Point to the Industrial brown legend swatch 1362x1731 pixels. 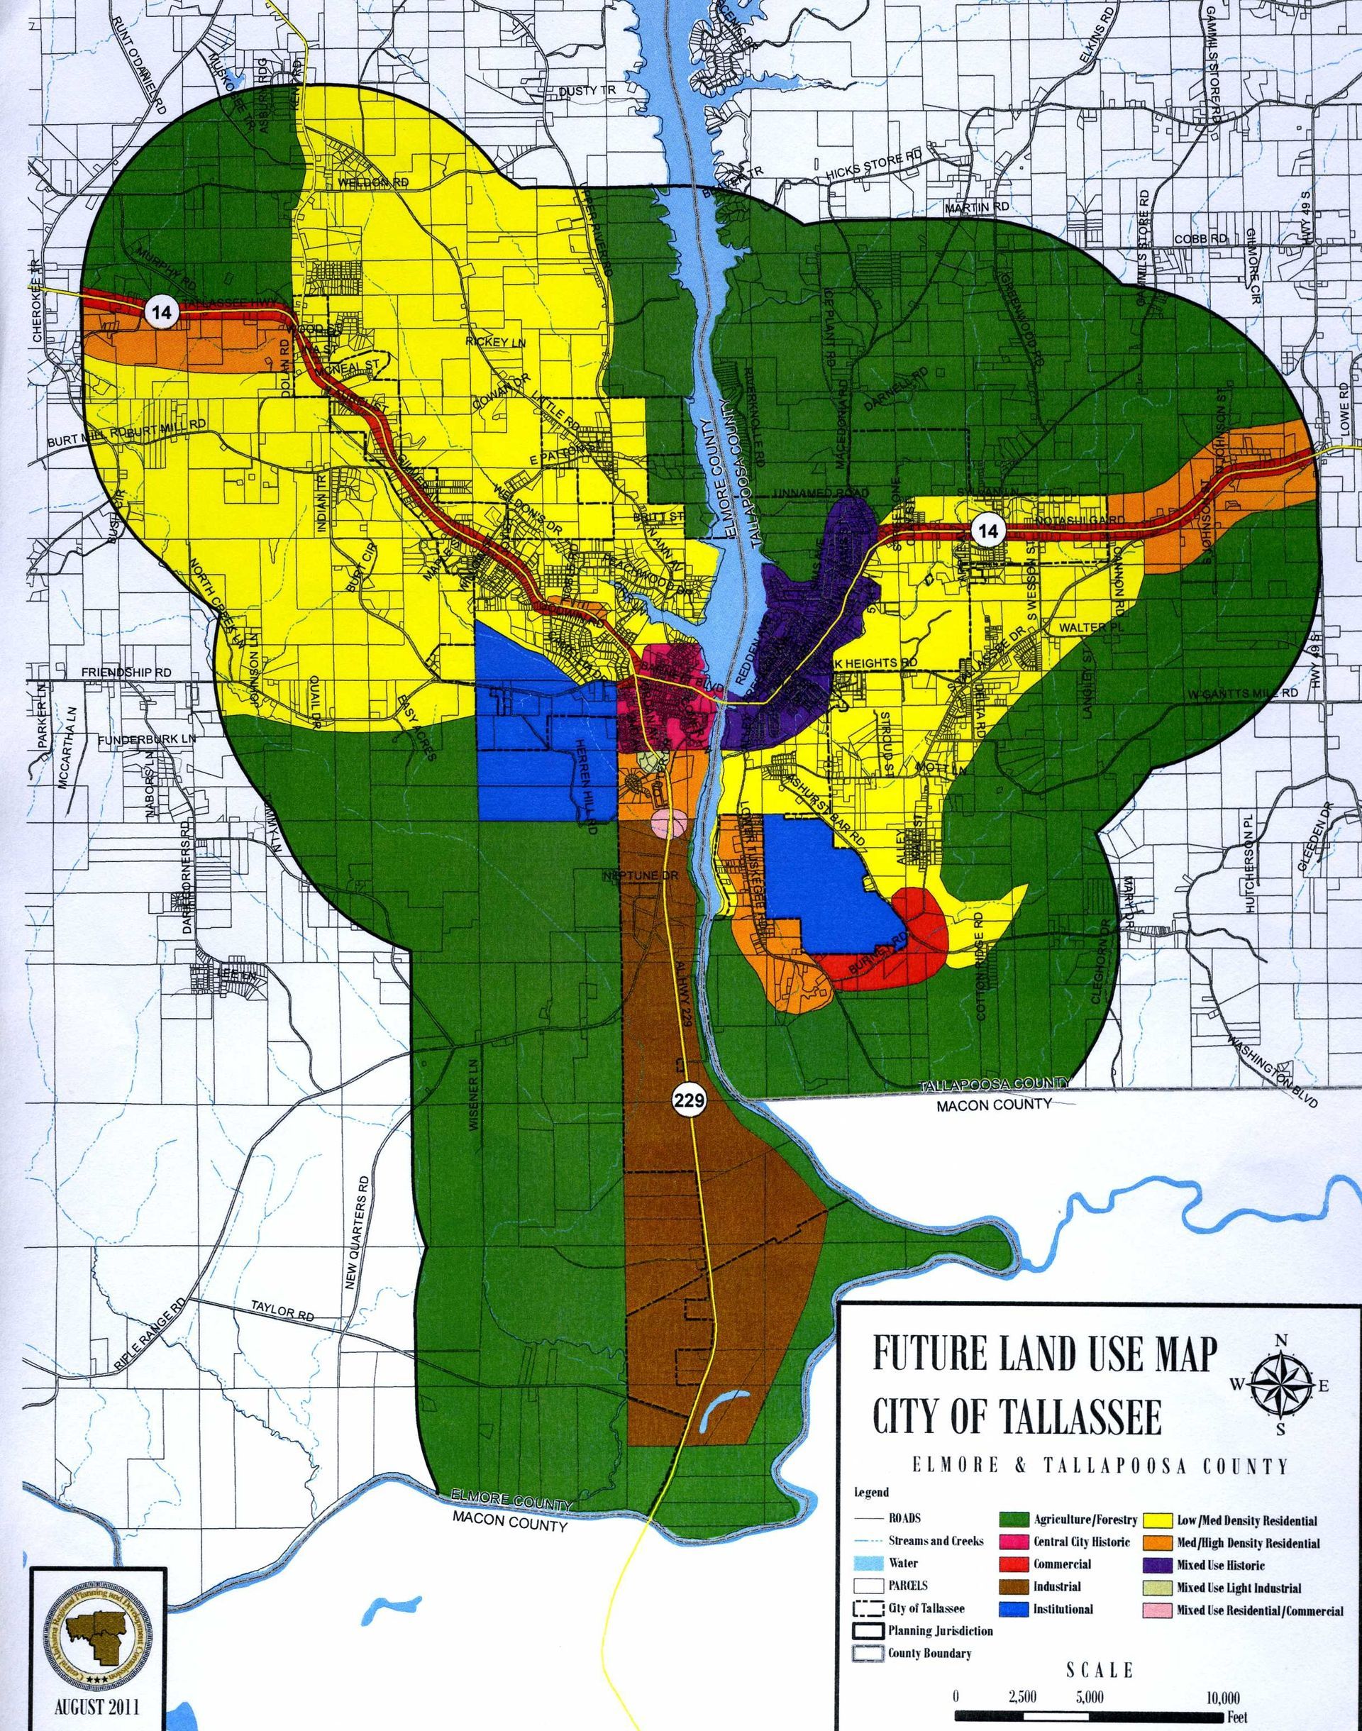pyautogui.click(x=1013, y=1587)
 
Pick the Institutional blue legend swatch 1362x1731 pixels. pyautogui.click(x=1013, y=1609)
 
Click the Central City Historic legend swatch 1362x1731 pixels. pyautogui.click(x=1013, y=1542)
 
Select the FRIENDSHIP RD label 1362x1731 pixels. pyautogui.click(x=126, y=673)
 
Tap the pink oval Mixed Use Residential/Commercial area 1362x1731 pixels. pyautogui.click(x=668, y=822)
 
